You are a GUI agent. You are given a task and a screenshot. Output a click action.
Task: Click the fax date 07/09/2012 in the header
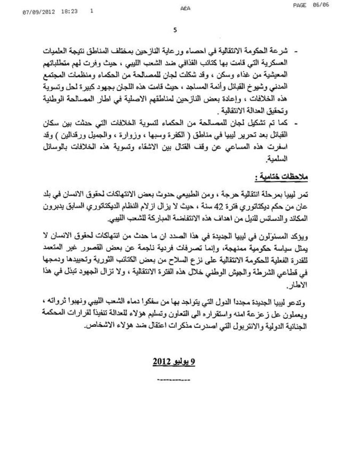click(39, 12)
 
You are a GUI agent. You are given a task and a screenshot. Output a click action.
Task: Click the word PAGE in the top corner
click(300, 5)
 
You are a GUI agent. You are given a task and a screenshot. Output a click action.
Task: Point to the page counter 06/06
click(320, 5)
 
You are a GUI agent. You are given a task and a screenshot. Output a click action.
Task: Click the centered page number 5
click(175, 30)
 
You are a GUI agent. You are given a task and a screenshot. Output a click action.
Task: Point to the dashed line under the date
click(174, 380)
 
